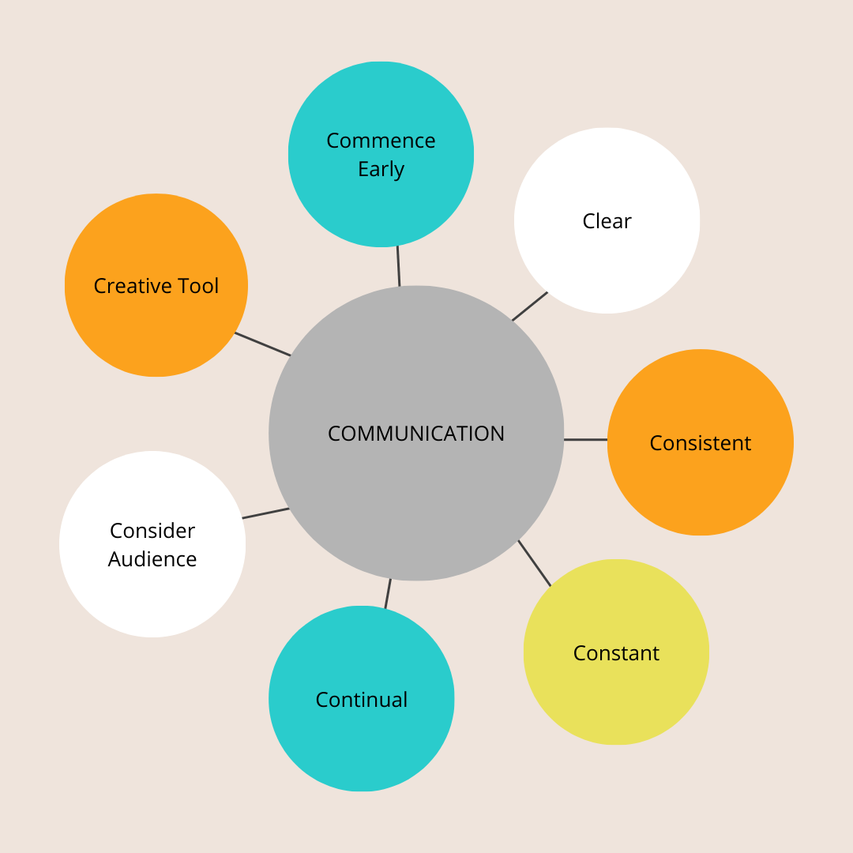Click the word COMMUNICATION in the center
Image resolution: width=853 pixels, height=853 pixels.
[416, 434]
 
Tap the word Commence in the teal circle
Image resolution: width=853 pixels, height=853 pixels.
[381, 141]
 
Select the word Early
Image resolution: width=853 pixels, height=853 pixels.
[381, 169]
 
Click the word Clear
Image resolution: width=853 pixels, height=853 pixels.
[607, 221]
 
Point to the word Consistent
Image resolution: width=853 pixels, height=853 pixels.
[700, 443]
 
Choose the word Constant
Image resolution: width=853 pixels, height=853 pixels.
[616, 653]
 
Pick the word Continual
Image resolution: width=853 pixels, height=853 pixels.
[362, 700]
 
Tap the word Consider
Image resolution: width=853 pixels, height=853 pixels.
[152, 531]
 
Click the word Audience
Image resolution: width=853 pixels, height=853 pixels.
[152, 559]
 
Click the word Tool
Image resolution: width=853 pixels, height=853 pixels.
[198, 286]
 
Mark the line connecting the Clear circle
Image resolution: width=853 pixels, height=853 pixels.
[530, 306]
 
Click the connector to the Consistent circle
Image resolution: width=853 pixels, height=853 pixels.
[586, 439]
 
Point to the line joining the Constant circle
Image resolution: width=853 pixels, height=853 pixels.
[535, 563]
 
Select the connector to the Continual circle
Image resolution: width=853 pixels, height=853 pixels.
[388, 593]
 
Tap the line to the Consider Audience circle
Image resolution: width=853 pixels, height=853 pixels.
[265, 513]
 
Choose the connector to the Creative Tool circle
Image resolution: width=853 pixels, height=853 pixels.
[263, 344]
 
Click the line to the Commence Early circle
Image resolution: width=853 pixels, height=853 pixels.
[398, 266]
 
